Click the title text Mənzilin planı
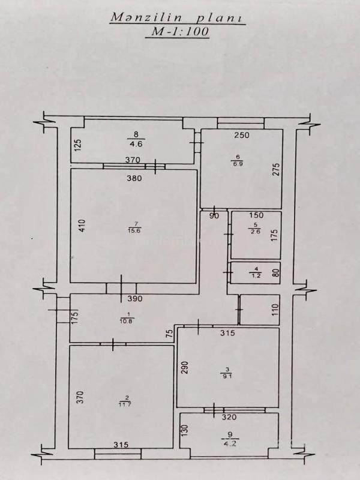(x=178, y=17)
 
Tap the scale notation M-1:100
(x=178, y=32)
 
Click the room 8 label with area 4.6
(x=136, y=139)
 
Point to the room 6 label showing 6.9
(x=238, y=160)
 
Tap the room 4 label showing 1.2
(x=256, y=273)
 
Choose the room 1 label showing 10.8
(x=127, y=318)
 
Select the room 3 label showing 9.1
(x=227, y=373)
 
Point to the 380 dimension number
(x=134, y=178)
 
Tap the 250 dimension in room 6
(x=242, y=134)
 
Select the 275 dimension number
(x=276, y=170)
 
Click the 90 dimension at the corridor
(x=214, y=216)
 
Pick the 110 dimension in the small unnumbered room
(x=275, y=310)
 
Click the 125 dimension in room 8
(x=79, y=145)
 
